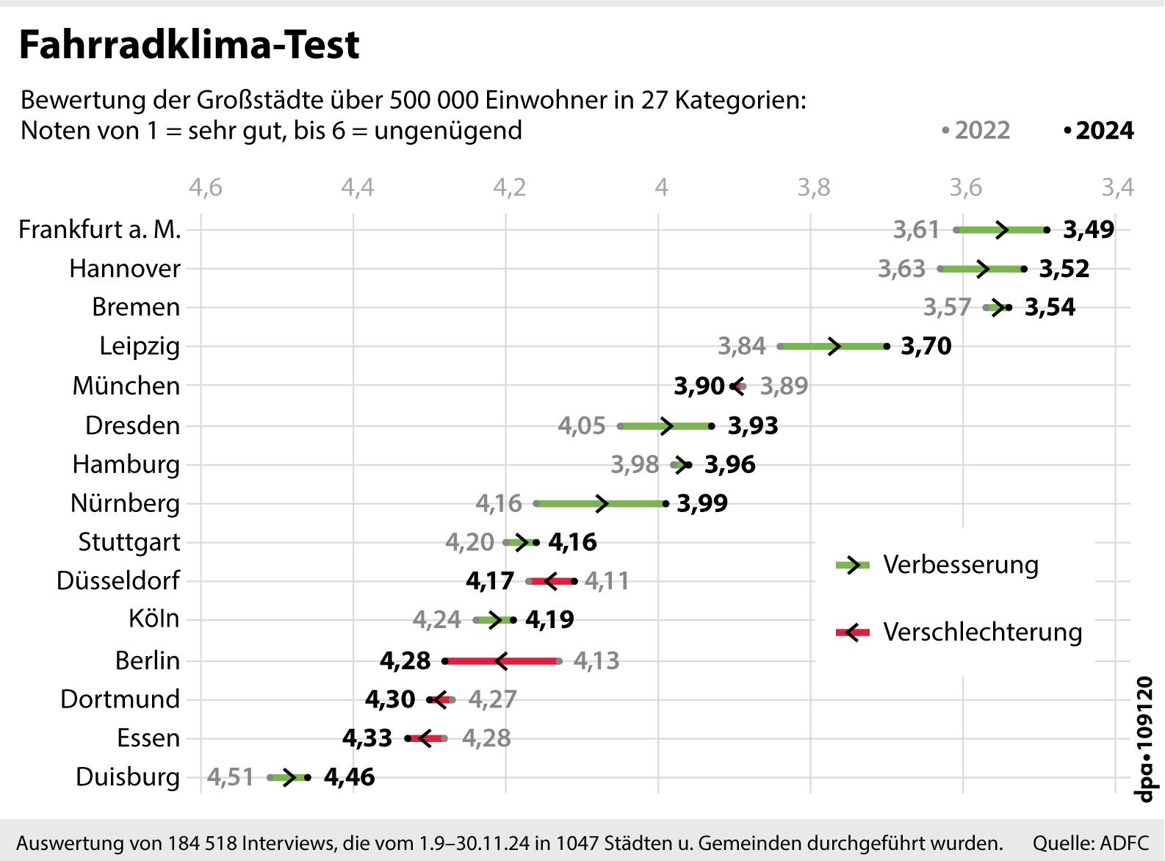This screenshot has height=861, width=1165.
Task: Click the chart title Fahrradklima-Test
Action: [189, 46]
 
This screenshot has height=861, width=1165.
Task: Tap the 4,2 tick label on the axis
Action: [509, 188]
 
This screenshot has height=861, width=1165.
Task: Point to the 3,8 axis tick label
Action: [814, 188]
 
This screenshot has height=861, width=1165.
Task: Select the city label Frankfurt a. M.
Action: [100, 230]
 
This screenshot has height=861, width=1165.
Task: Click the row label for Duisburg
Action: [128, 777]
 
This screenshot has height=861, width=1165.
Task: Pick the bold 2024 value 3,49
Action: [1089, 230]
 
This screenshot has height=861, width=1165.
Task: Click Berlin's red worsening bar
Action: [502, 661]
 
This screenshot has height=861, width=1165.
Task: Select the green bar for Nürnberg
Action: [601, 504]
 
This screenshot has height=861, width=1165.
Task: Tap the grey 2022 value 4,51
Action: [230, 777]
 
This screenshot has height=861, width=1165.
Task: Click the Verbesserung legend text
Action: [961, 565]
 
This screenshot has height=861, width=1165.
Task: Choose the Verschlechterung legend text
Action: [982, 633]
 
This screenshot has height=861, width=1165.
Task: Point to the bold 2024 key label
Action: [1104, 131]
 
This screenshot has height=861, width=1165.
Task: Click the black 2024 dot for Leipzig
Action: [887, 346]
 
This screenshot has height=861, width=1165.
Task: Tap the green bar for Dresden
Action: [666, 426]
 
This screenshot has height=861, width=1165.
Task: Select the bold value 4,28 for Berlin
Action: [405, 661]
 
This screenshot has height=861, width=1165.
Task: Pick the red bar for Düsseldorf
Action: [552, 582]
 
